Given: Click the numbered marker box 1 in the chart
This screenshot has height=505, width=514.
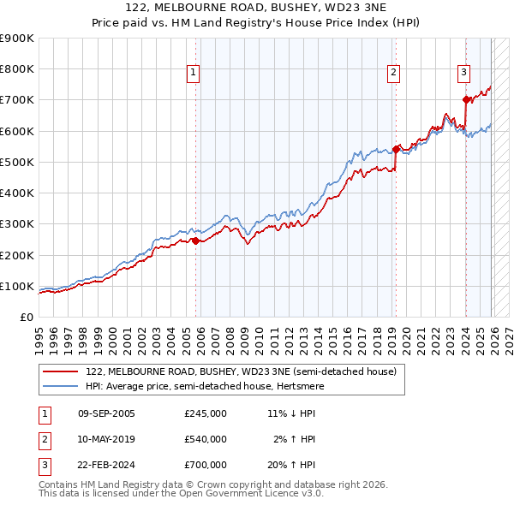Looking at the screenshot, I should click(194, 74).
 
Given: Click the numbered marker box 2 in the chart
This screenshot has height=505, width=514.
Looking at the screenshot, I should click(393, 74).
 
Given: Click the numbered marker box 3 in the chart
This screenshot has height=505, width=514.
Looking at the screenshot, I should click(463, 74).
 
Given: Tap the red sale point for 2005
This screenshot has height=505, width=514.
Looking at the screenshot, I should click(195, 241).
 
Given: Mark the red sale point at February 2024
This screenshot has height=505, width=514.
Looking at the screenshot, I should click(466, 100).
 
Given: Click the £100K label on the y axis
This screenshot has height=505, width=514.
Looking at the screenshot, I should click(17, 286).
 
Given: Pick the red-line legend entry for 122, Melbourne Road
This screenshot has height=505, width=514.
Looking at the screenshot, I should click(241, 372).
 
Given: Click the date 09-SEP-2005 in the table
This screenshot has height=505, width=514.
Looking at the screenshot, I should click(106, 413).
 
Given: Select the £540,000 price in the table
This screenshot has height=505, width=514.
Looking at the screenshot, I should click(205, 439).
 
